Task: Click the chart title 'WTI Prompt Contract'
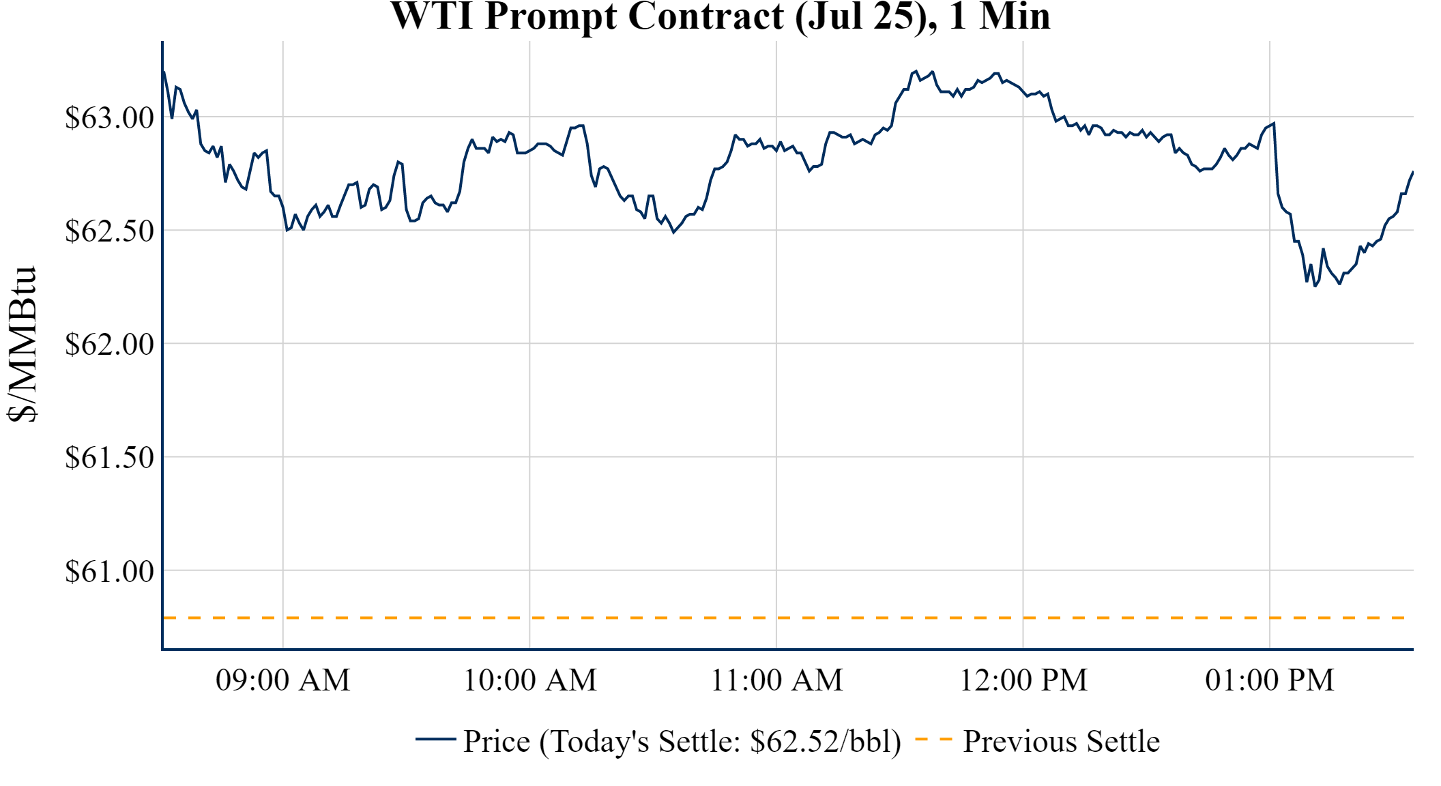pyautogui.click(x=587, y=16)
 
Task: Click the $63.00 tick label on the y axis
pyautogui.click(x=109, y=117)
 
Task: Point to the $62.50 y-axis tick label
pyautogui.click(x=109, y=231)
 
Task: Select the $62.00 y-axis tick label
pyautogui.click(x=109, y=344)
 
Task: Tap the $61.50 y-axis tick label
pyautogui.click(x=109, y=457)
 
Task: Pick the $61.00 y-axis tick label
pyautogui.click(x=109, y=570)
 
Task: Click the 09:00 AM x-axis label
pyautogui.click(x=283, y=680)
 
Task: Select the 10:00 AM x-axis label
pyautogui.click(x=530, y=680)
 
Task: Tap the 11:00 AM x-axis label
pyautogui.click(x=776, y=680)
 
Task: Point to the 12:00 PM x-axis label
pyautogui.click(x=1023, y=680)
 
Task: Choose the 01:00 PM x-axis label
pyautogui.click(x=1270, y=680)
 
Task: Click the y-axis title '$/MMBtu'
pyautogui.click(x=22, y=345)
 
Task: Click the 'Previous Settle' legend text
pyautogui.click(x=1061, y=741)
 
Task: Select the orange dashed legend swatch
pyautogui.click(x=933, y=739)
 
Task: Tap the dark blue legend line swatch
pyautogui.click(x=435, y=739)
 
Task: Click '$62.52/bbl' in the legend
pyautogui.click(x=825, y=741)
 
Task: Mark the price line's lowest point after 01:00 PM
pyautogui.click(x=1315, y=286)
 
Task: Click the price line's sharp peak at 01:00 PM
pyautogui.click(x=1274, y=123)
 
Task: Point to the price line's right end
pyautogui.click(x=1412, y=172)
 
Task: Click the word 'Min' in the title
pyautogui.click(x=1015, y=16)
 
